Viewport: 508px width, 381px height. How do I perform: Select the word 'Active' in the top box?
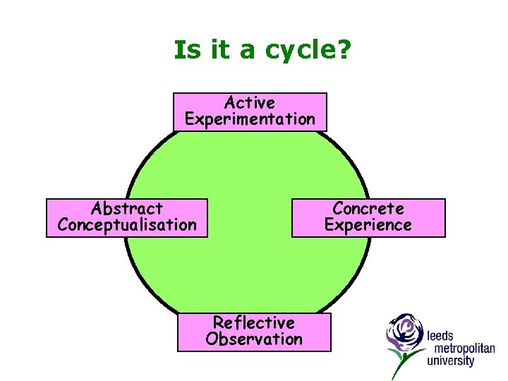tap(250, 103)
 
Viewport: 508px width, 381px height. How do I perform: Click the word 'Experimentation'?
tap(250, 119)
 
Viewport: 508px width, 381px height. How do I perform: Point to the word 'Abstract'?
tap(127, 209)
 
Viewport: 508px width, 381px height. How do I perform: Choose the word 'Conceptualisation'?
tap(127, 225)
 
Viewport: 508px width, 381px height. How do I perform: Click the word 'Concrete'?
tap(368, 209)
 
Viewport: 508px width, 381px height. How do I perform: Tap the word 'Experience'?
tap(368, 225)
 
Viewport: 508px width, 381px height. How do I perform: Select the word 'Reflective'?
tap(254, 322)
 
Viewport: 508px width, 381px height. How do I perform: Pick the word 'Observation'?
tap(254, 339)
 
